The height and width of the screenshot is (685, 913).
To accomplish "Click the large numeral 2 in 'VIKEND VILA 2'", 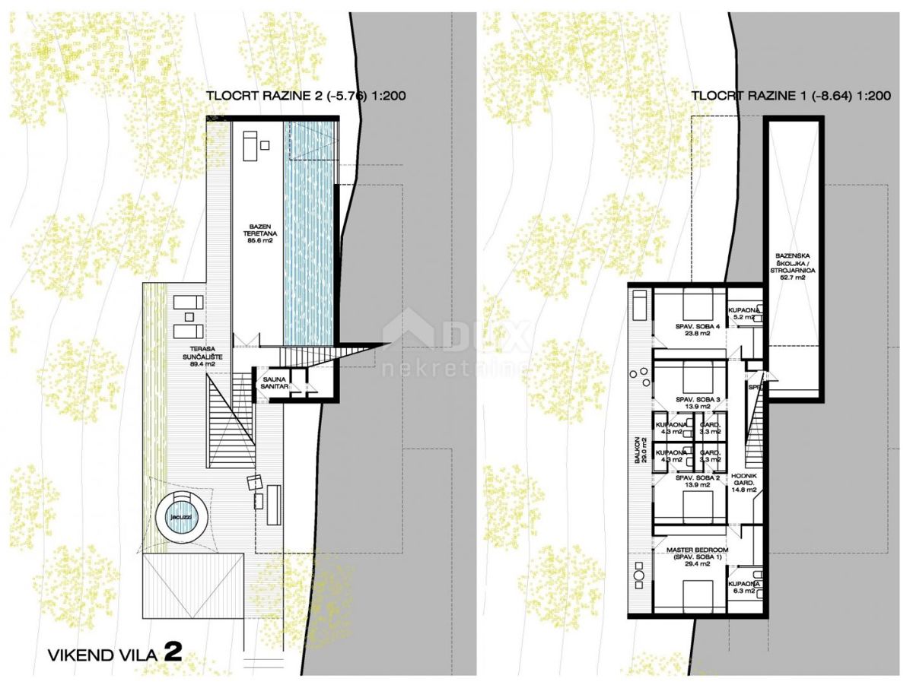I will point(172,654).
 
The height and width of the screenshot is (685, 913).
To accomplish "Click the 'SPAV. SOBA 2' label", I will point(696,481).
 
